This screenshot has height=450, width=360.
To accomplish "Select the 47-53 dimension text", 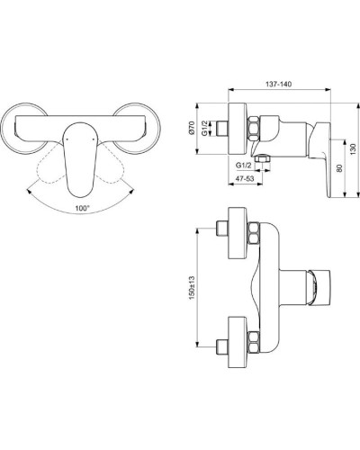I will click(242, 179).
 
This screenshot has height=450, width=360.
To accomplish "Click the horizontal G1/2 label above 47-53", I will click(243, 166).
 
